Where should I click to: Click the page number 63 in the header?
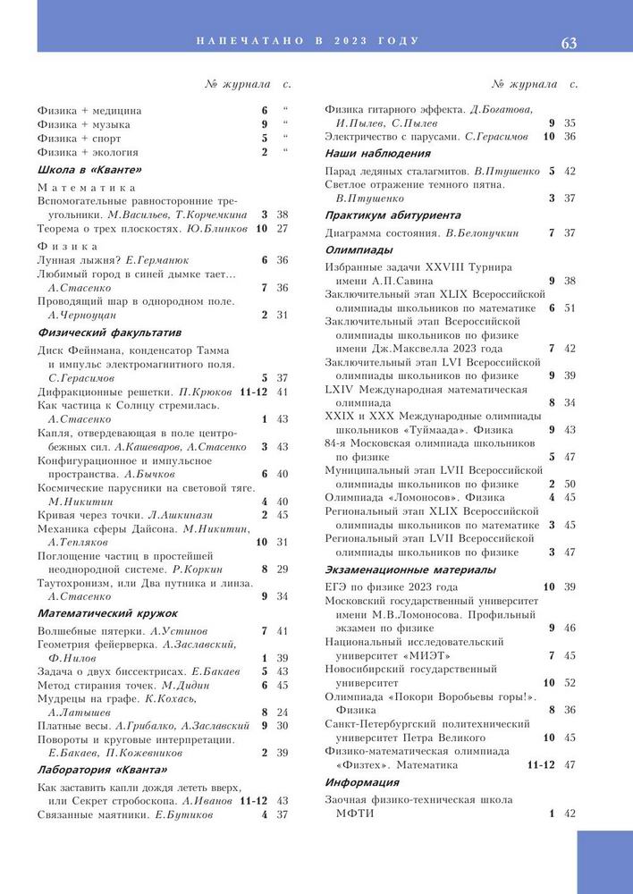coord(569,42)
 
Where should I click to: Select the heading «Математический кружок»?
coord(107,613)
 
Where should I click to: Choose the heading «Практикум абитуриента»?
coord(392,215)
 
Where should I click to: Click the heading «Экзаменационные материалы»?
coord(409,569)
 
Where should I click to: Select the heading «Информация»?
coord(361,782)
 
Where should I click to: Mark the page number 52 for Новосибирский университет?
coord(570,683)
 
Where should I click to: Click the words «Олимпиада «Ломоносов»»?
coord(392,497)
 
